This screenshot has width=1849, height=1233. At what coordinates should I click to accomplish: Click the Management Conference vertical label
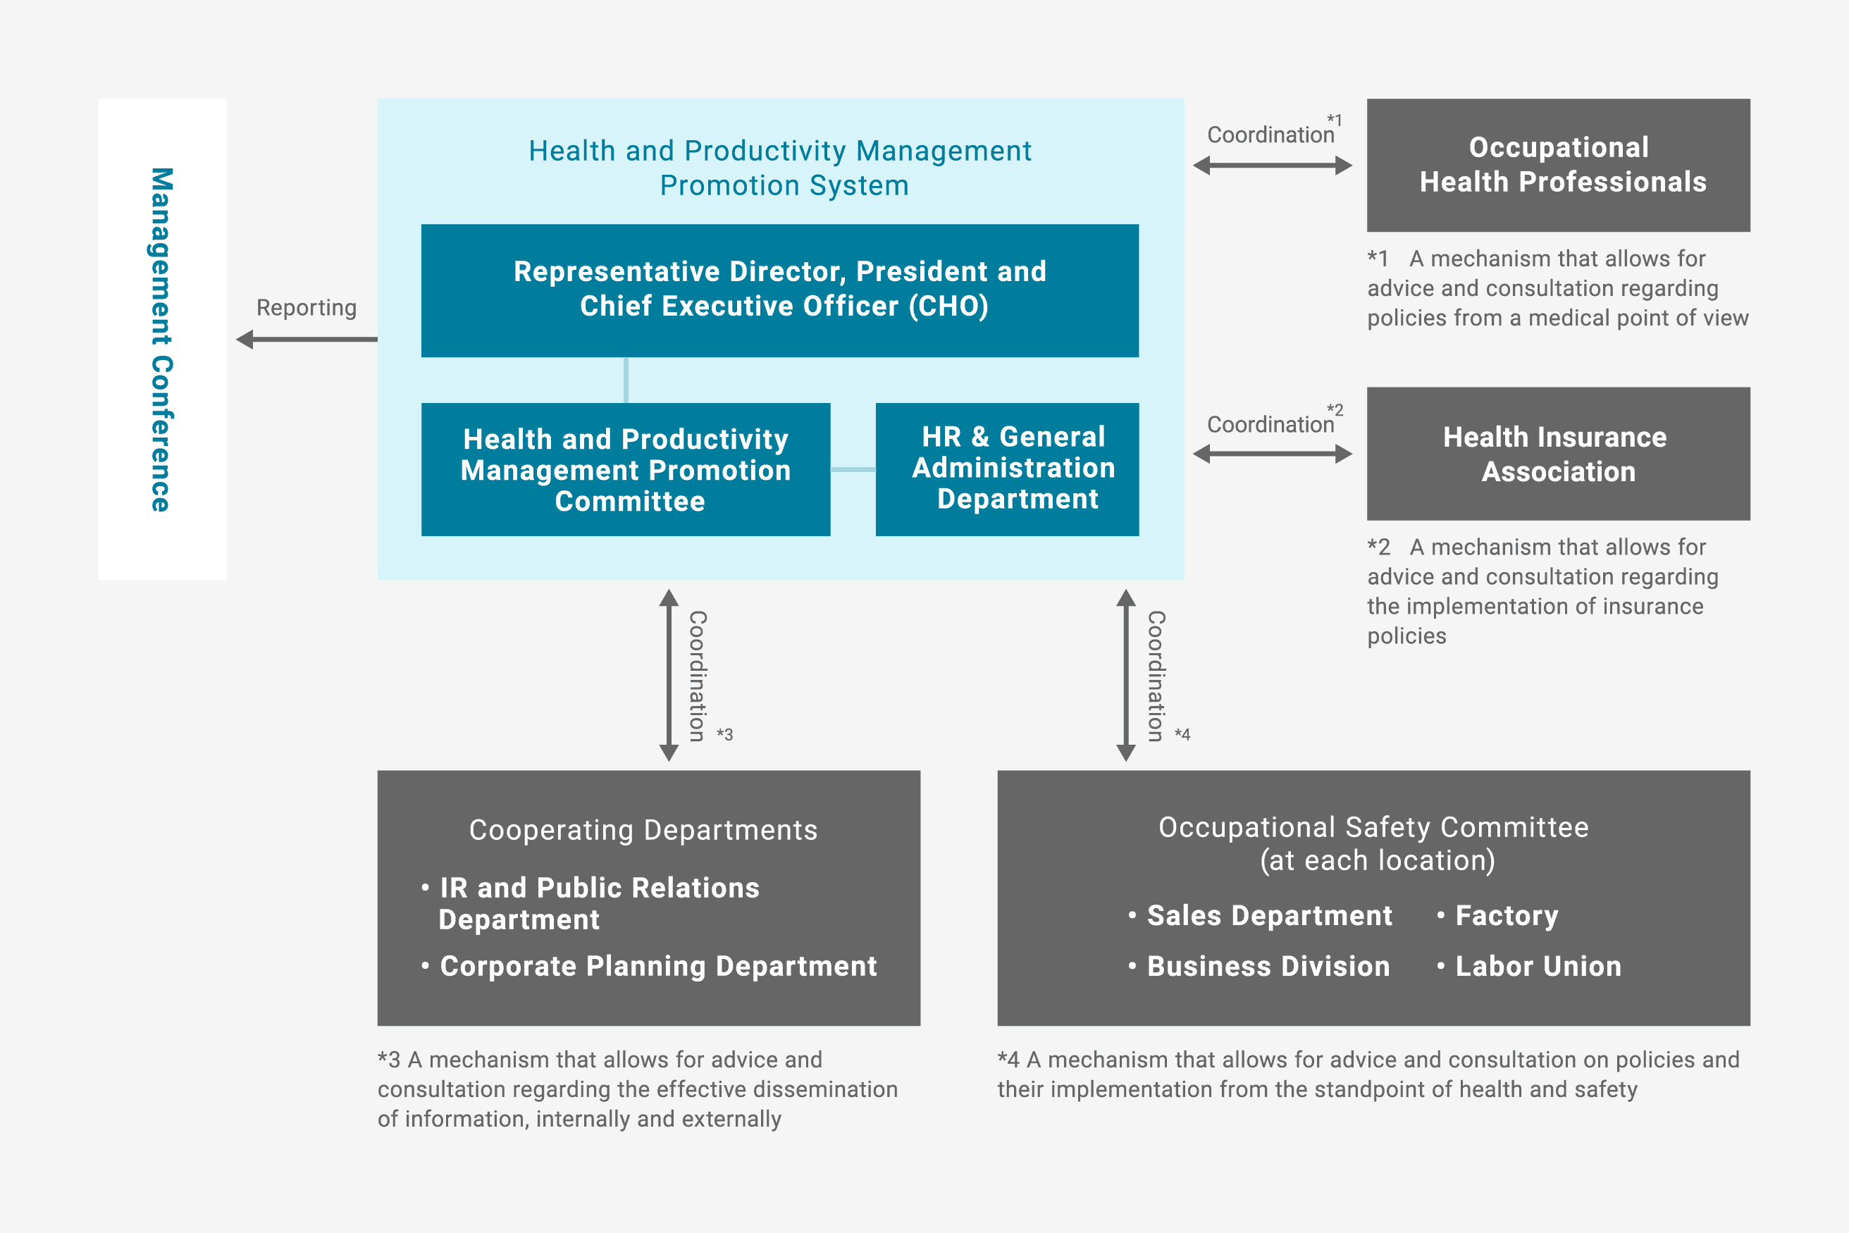161,339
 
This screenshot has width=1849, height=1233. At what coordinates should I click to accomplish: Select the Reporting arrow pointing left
307,340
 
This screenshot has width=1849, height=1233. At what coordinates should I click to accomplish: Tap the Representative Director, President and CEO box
779,290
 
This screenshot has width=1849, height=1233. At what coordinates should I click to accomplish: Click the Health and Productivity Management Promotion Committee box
625,469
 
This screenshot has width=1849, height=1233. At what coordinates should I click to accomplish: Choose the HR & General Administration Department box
1007,469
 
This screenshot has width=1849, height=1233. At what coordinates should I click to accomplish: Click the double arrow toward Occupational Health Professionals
1272,166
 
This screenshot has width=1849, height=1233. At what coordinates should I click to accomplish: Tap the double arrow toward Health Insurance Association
1272,454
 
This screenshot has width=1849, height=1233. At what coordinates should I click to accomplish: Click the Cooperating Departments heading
643,831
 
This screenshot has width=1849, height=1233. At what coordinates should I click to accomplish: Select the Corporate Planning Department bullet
657,967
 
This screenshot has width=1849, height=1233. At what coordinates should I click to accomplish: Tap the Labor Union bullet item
1538,967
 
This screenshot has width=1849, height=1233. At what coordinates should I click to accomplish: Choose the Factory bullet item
1506,916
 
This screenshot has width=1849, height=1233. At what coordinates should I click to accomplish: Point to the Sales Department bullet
1268,916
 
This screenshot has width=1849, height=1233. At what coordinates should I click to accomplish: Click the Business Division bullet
1268,967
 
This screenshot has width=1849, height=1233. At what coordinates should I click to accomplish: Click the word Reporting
306,307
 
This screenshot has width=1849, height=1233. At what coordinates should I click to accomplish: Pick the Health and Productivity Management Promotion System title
779,168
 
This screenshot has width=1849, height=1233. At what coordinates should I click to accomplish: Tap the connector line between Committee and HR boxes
853,469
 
